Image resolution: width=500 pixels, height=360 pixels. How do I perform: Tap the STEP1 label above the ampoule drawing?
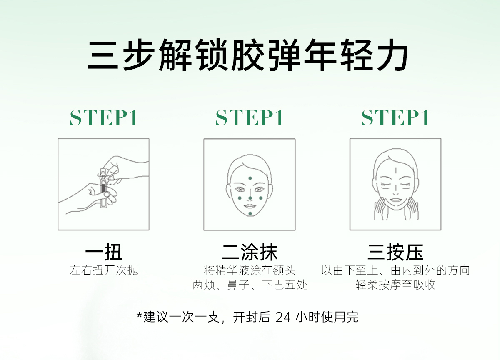tap(104, 117)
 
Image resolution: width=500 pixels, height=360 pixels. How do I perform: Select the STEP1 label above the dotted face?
tap(249, 117)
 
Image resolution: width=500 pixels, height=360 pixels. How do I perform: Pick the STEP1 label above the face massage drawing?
tap(395, 117)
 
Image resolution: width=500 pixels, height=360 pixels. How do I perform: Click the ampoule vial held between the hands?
tap(103, 188)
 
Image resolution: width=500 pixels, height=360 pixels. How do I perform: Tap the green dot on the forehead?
tap(250, 178)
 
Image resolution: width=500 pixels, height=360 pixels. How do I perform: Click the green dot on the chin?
tap(250, 214)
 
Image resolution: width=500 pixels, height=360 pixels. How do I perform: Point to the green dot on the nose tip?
tap(250, 198)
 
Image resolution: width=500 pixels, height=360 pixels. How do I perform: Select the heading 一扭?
tap(104, 252)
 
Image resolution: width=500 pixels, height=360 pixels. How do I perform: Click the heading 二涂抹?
tap(250, 252)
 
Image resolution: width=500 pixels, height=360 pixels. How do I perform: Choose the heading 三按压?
tap(395, 252)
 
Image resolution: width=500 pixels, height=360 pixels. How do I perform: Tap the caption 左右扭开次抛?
tap(104, 270)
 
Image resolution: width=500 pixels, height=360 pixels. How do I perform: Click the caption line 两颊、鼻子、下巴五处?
tap(250, 285)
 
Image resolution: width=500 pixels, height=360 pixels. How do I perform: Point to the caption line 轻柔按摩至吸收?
tap(395, 285)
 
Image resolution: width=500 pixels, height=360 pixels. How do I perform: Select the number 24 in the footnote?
tap(283, 317)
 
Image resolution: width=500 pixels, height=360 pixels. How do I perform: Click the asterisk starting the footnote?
tap(140, 315)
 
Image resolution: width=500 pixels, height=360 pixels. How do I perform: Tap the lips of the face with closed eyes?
tap(396, 200)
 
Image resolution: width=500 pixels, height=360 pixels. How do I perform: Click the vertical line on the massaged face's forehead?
tap(396, 171)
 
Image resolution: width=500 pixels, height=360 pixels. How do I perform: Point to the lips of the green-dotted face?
tap(250, 206)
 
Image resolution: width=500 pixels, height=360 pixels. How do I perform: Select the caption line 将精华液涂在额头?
tap(250, 270)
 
